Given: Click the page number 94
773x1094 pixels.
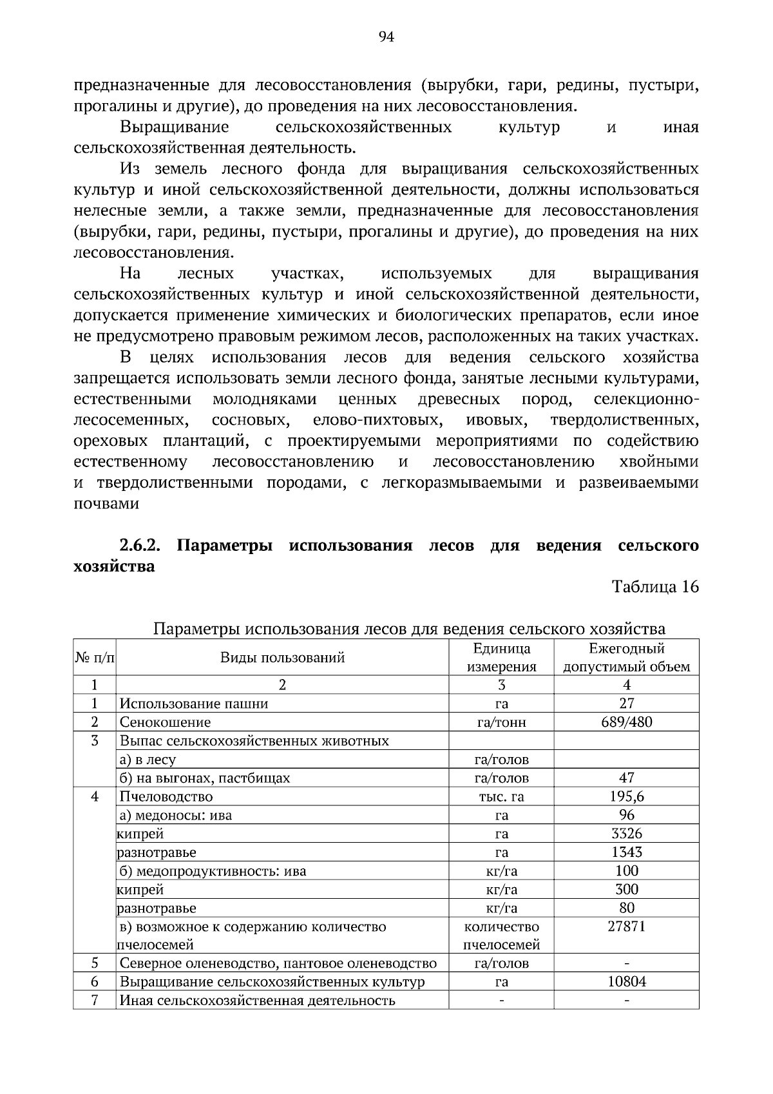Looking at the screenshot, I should tap(386, 37).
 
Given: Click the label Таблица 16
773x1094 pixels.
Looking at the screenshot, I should tap(655, 587).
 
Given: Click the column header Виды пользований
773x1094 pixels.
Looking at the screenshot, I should tap(282, 657).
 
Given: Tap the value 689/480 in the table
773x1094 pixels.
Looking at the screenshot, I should tap(626, 722).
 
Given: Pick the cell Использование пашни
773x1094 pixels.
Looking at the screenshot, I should tap(194, 704).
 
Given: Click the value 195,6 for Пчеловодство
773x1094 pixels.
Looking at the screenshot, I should tap(626, 796).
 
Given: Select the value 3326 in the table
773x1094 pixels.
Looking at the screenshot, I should tap(626, 834).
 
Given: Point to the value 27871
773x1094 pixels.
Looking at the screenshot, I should tap(626, 926).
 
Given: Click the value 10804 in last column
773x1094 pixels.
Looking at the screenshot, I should tap(626, 982).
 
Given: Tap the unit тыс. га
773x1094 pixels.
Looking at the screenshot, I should tap(501, 797).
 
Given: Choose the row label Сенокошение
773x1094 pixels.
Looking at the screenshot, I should tap(166, 722).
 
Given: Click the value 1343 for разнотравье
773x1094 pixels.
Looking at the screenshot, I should tap(626, 852).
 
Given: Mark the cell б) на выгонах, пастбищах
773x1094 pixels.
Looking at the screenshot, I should tap(205, 778).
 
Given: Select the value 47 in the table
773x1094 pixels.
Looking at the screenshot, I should tap(626, 778).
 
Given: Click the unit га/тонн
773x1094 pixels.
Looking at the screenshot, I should tap(501, 722).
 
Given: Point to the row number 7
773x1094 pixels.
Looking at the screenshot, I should tap(94, 1001).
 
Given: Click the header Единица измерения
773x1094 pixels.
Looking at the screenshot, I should tap(501, 657).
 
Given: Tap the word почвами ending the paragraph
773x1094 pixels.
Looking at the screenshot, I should tap(106, 504).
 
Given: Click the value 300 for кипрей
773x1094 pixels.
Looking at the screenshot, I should tap(626, 890).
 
